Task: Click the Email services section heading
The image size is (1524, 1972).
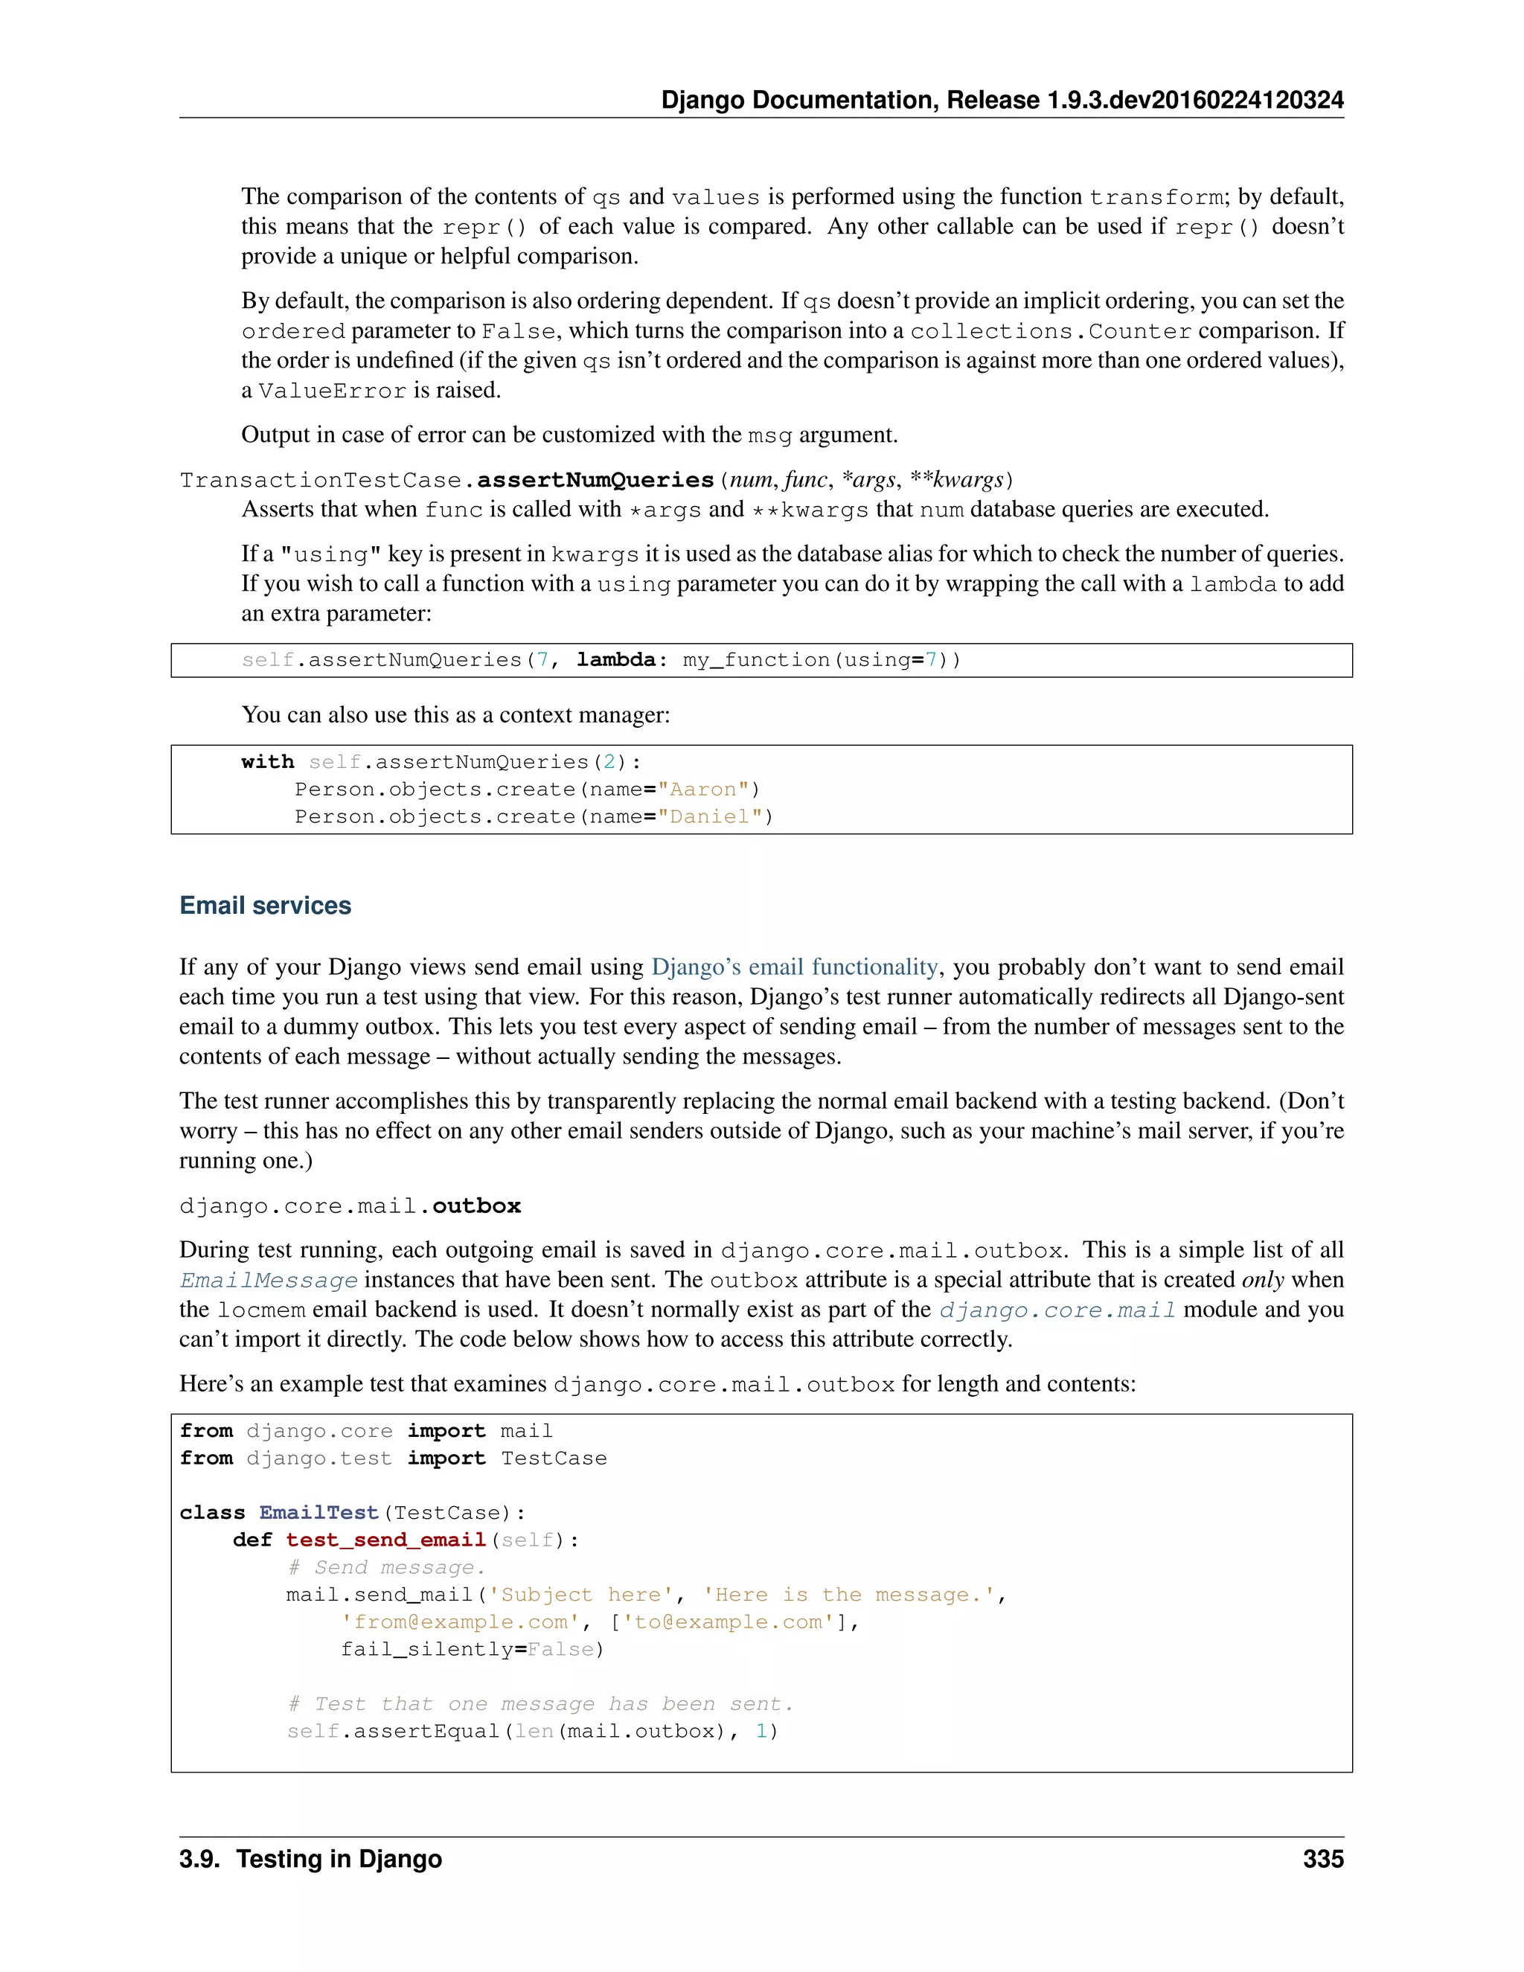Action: pos(266,906)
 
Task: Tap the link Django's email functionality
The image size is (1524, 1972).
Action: pos(795,967)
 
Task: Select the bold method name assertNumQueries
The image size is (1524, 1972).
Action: pos(595,481)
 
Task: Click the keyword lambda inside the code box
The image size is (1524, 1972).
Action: pos(615,660)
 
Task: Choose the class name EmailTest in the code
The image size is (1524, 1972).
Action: pos(318,1512)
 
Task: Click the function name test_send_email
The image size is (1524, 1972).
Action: pos(385,1540)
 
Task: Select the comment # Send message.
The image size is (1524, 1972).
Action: pos(386,1567)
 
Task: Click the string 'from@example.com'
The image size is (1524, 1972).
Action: pos(460,1622)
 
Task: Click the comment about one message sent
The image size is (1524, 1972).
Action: pos(540,1704)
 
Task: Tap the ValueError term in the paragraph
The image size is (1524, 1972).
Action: pos(331,391)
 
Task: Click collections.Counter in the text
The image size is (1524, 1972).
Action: pos(1050,331)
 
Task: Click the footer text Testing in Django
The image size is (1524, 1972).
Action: pos(339,1858)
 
